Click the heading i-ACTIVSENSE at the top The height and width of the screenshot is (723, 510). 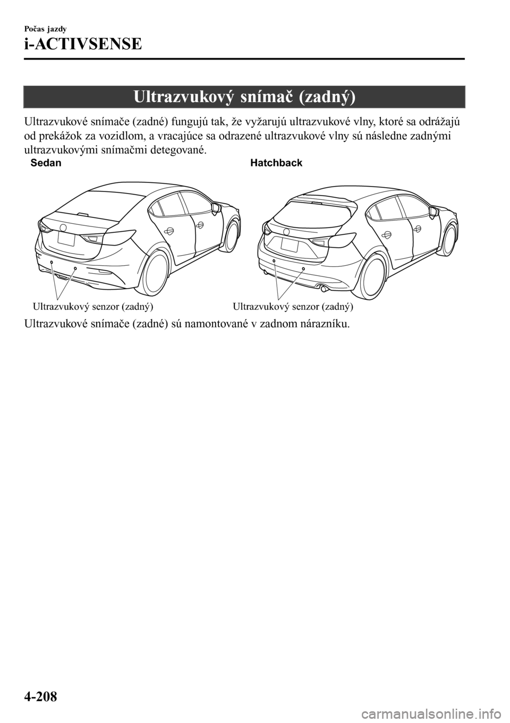pos(83,44)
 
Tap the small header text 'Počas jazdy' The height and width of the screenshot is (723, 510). pos(46,29)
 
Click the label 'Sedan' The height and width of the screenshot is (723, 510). pos(46,163)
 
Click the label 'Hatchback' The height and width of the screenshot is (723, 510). pos(276,163)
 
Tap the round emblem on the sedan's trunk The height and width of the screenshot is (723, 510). pos(64,227)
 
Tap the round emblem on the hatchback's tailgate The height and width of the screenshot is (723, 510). pos(286,231)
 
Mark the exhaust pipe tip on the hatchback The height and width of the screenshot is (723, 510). pos(323,288)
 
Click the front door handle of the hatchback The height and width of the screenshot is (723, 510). pos(417,229)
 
